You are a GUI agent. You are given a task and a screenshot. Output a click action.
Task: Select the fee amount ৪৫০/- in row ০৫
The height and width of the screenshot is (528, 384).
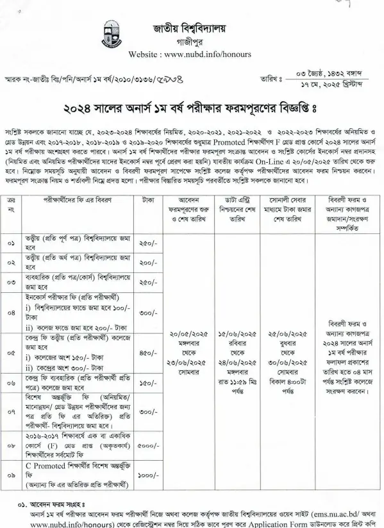tap(149, 352)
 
